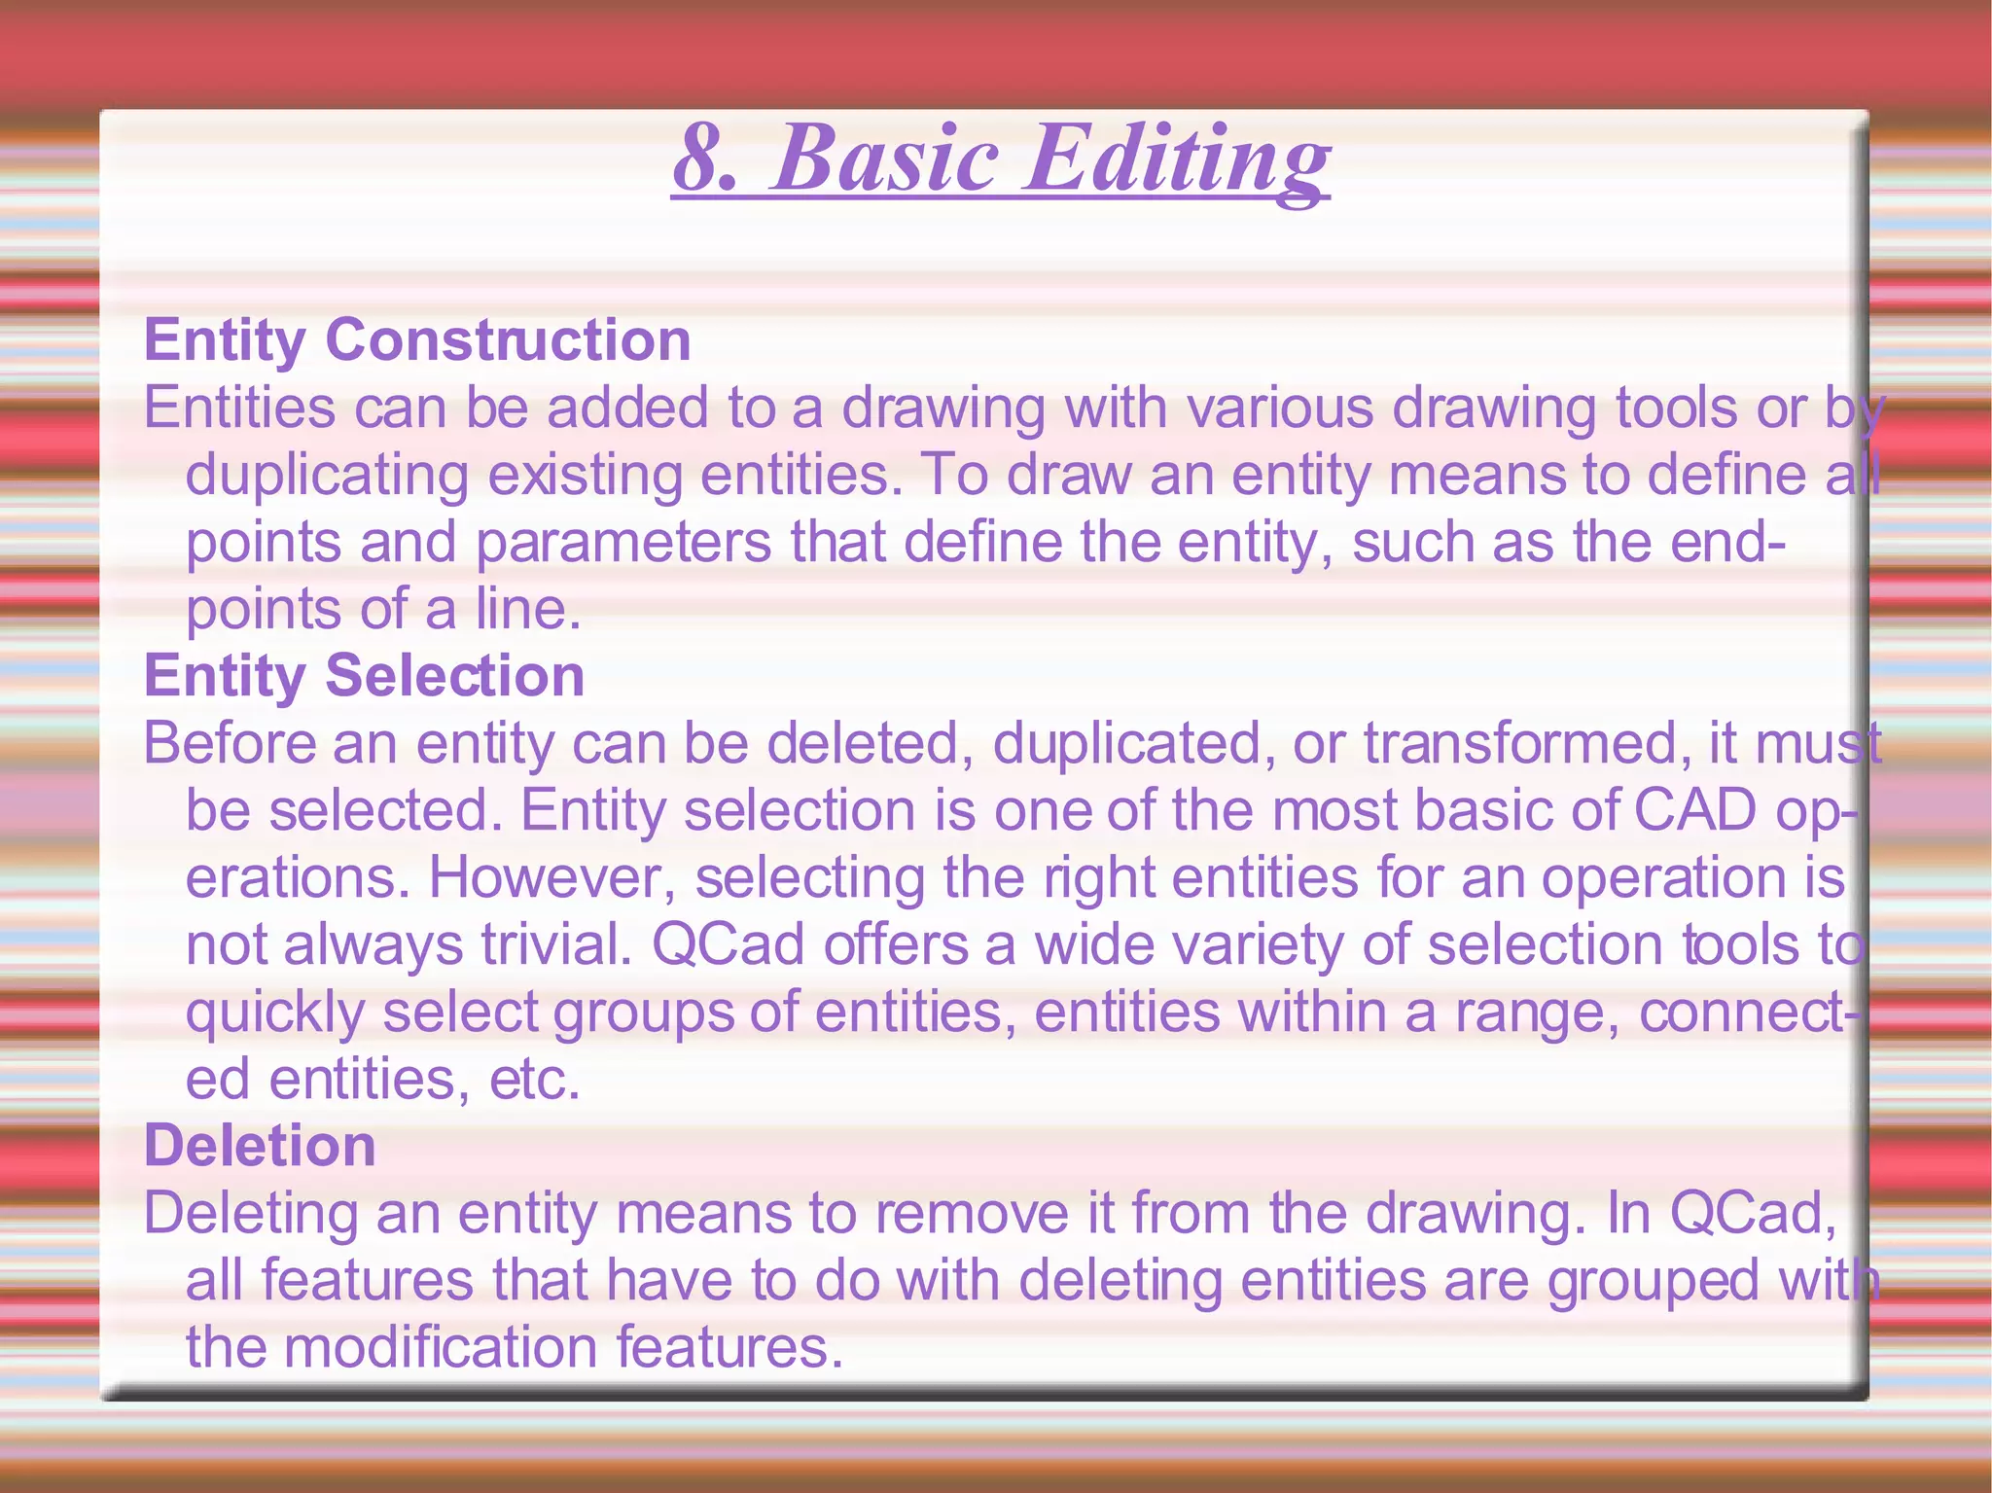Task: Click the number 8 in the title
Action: click(702, 159)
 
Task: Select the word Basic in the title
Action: click(884, 159)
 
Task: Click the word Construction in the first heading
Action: click(508, 340)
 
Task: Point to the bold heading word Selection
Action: click(454, 676)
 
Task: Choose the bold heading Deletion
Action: click(260, 1146)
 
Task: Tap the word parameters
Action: click(622, 543)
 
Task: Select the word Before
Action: click(231, 744)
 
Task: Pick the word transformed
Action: click(1519, 744)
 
